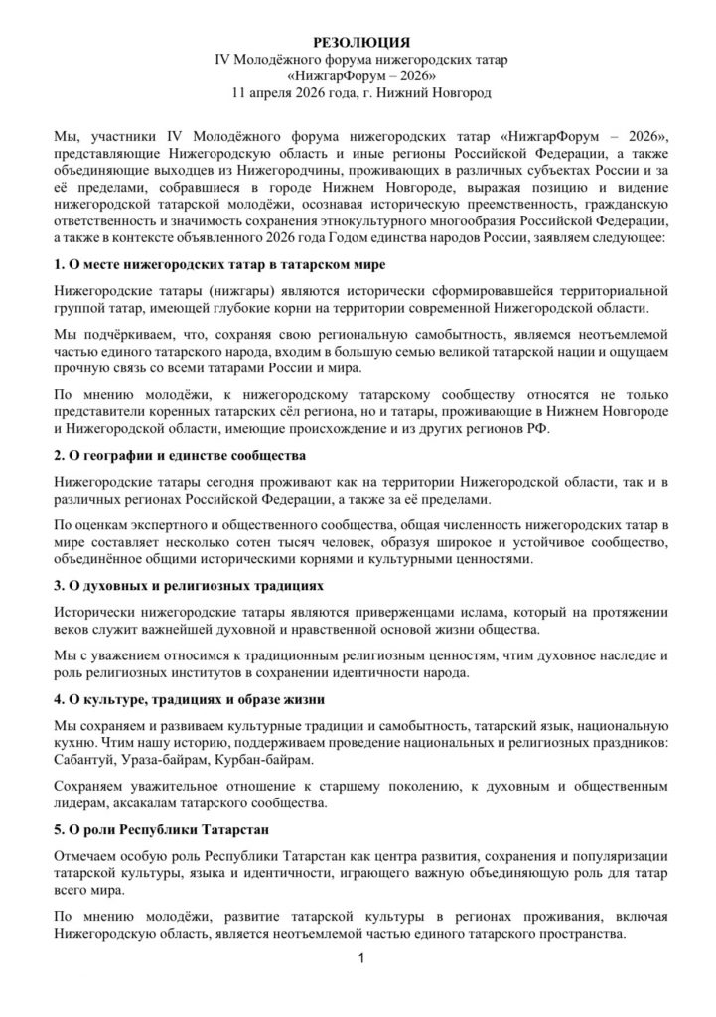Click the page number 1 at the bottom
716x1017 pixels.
coord(361,958)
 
